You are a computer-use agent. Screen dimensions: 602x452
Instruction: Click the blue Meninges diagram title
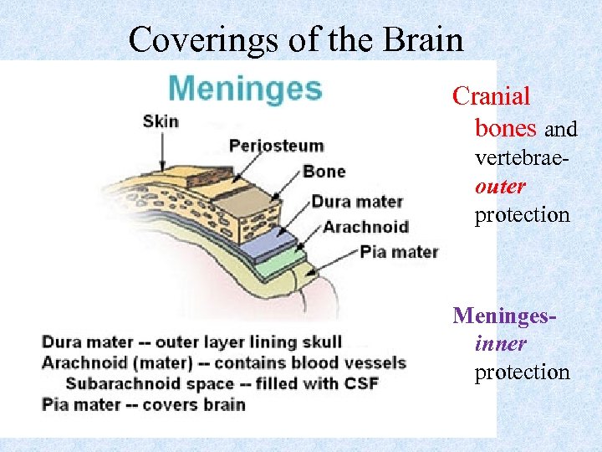[245, 88]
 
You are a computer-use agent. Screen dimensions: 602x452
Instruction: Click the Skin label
[161, 121]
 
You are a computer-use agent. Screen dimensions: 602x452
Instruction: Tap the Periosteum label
[276, 146]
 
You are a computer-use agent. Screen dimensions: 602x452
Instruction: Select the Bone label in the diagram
[324, 172]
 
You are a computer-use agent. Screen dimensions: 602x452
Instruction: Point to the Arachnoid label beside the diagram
[365, 227]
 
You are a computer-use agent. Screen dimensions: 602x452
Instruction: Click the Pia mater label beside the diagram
[399, 251]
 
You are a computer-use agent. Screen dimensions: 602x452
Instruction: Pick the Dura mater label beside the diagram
[357, 202]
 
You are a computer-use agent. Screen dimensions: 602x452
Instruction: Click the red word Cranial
[492, 96]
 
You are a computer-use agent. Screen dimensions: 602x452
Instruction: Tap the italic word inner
[500, 344]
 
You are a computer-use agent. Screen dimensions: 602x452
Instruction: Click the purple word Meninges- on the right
[505, 316]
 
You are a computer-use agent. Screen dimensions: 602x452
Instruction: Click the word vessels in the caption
[374, 362]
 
